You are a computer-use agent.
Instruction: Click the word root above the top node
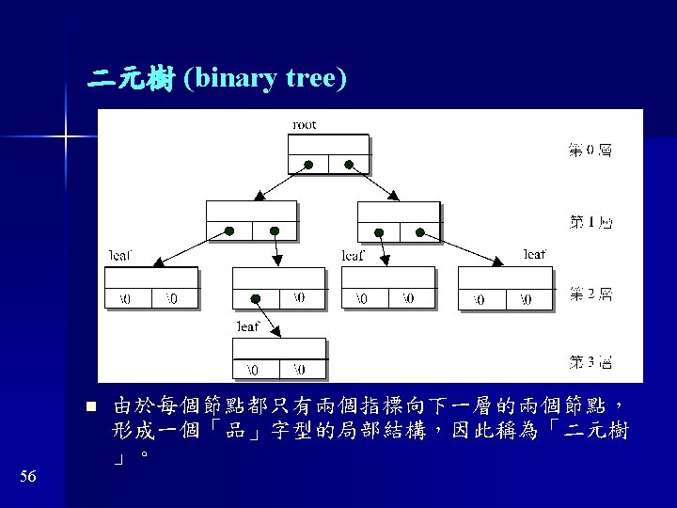coord(305,124)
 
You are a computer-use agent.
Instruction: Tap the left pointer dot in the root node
coord(308,165)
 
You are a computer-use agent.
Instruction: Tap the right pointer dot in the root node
coord(349,165)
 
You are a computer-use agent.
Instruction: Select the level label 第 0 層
coord(590,150)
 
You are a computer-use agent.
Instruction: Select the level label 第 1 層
coord(590,222)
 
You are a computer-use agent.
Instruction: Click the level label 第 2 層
coord(590,294)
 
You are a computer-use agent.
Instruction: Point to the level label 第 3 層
coord(590,361)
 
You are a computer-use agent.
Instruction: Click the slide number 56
coord(27,478)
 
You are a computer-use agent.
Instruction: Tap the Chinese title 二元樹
coord(131,80)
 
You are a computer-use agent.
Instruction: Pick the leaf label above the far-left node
coord(121,255)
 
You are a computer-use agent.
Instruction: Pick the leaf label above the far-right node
coord(534,254)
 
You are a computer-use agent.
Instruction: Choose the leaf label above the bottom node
coord(247,326)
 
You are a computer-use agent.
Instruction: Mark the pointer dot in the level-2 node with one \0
coord(256,299)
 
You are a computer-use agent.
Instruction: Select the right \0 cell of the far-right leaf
coord(525,299)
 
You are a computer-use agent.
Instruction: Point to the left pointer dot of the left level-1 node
coord(228,231)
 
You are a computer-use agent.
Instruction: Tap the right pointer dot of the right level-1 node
coord(421,231)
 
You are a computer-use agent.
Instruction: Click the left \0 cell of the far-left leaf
coord(126,299)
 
